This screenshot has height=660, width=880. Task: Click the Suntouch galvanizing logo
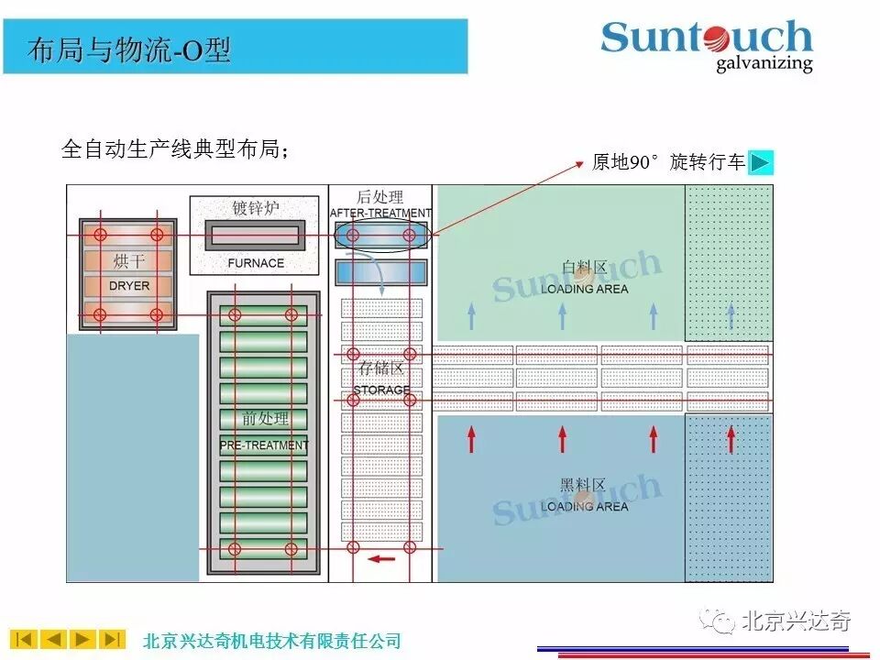[x=707, y=45]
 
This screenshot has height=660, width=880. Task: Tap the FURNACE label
[x=256, y=263]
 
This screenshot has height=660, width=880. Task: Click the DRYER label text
[x=128, y=286]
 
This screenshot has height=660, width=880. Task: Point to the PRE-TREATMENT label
[x=264, y=445]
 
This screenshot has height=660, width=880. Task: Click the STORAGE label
[x=381, y=390]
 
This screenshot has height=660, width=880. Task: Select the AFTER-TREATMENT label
[x=380, y=214]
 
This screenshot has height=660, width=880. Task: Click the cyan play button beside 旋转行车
[x=761, y=162]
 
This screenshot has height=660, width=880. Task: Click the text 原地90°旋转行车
[x=668, y=162]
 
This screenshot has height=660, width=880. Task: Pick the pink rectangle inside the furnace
[x=256, y=236]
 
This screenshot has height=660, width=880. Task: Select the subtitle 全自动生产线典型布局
[x=174, y=148]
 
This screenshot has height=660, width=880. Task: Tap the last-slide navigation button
[x=112, y=639]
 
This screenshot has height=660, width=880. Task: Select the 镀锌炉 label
[x=256, y=208]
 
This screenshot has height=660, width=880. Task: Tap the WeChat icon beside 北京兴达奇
[x=717, y=622]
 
